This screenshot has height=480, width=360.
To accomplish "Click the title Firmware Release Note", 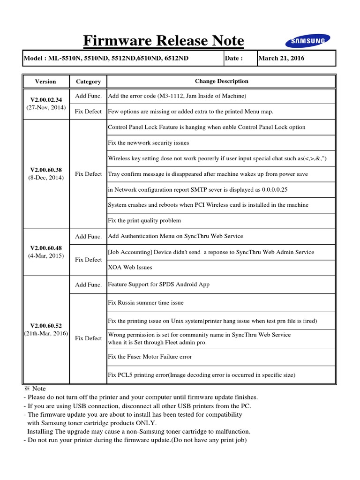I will coord(164,41).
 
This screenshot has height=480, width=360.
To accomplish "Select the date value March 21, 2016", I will coord(282,58).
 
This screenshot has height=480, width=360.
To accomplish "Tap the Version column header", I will coord(45,81).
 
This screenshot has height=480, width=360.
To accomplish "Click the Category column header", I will coord(88,81).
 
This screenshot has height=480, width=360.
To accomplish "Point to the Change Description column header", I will coord(222,81).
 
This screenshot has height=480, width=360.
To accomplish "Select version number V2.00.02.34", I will coord(45,99).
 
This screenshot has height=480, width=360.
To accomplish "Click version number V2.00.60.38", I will coord(45,170).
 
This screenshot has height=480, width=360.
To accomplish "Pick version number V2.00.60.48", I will coord(45,247).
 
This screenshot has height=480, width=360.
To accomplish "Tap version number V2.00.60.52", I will coord(45,325).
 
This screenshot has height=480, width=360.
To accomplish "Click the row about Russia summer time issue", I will coord(146,303).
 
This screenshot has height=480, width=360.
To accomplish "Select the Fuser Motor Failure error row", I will coord(150,357).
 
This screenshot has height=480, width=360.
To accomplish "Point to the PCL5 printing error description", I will coord(202,375).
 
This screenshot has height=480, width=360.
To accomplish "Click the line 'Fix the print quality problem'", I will coord(144,220).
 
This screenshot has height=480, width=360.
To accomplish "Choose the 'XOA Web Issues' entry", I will coord(130,267).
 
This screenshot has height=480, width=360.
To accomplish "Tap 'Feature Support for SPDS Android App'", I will coord(159,285).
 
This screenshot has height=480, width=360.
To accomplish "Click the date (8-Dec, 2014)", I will coord(45,178).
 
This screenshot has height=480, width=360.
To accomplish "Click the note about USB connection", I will coord(139,405).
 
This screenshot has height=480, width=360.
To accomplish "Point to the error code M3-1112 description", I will coord(177,96).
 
